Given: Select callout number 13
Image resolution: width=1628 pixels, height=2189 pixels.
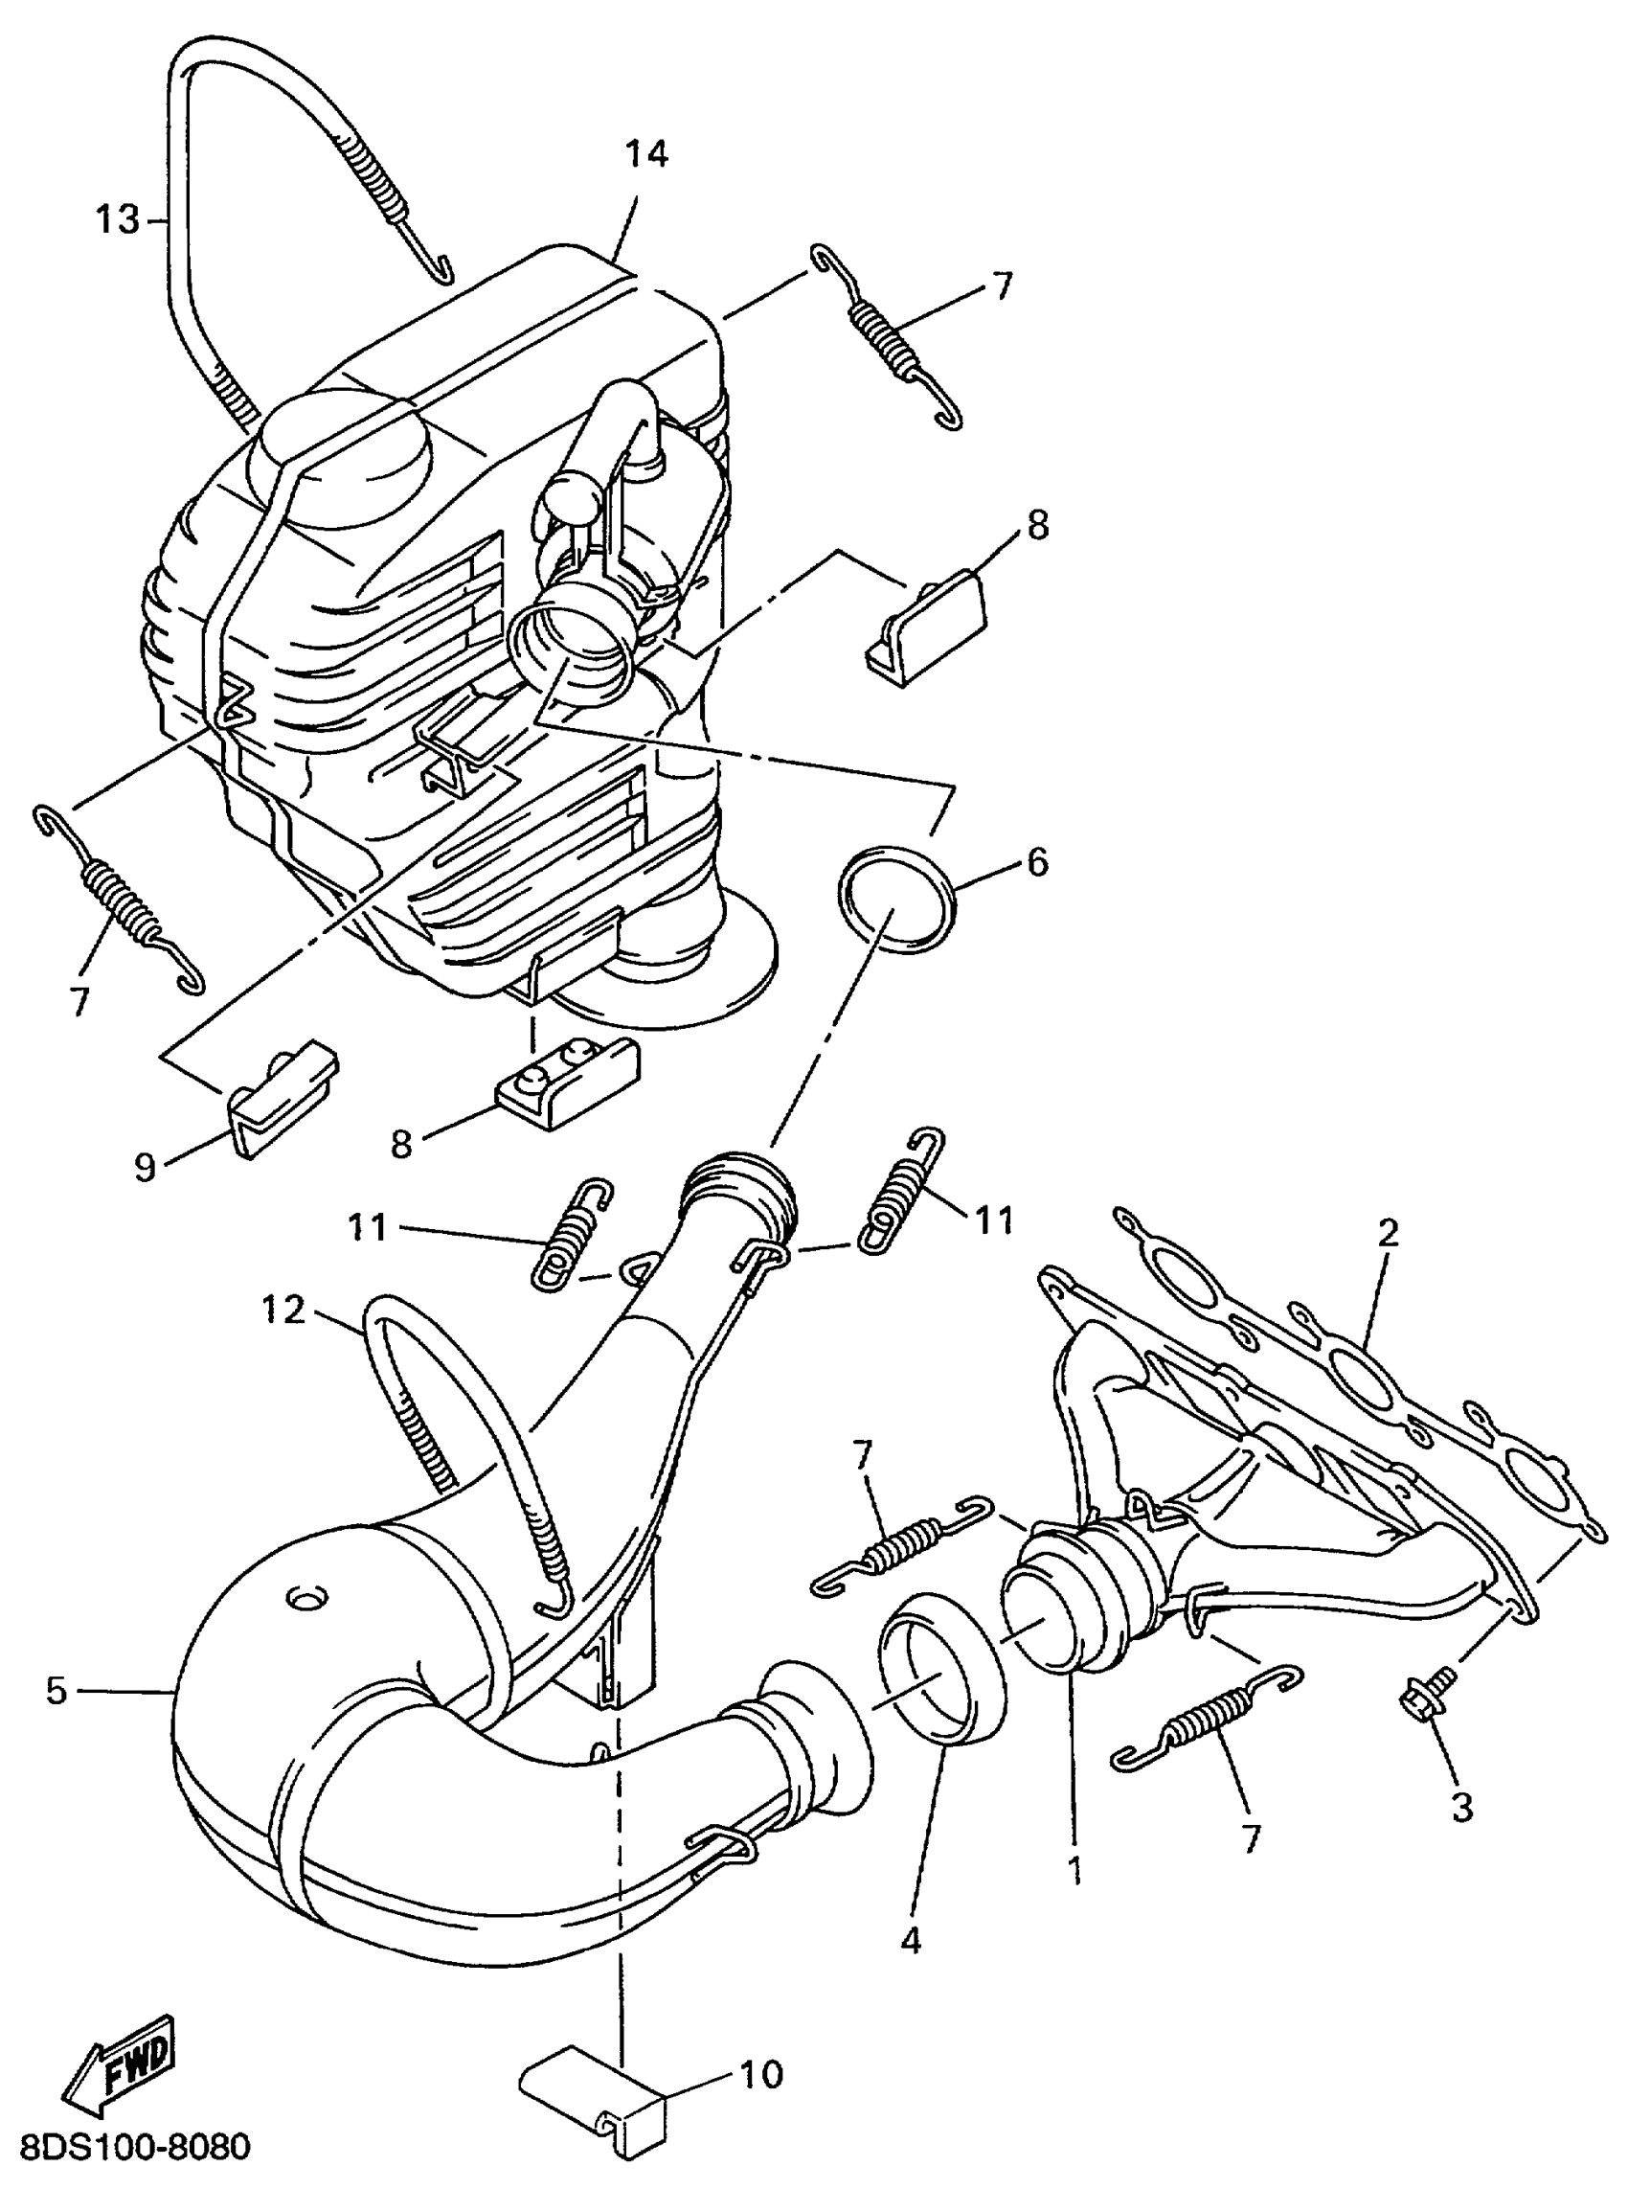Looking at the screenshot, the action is coord(117,219).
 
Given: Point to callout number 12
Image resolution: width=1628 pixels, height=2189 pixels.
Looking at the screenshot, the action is coord(283,1311).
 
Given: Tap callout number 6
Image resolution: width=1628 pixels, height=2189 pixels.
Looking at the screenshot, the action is coord(1038,862).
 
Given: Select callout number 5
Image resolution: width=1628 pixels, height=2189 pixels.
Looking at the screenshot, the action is coord(57,1690).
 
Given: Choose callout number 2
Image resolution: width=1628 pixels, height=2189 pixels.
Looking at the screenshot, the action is coord(1389,1232).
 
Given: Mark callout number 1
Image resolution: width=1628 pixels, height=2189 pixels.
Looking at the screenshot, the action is coord(1075,1869).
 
